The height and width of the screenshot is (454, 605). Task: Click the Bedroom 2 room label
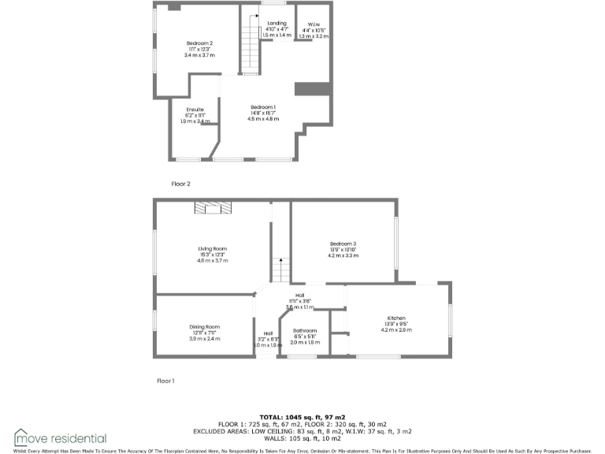pos(200,43)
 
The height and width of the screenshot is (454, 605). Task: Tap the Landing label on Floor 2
pos(277,24)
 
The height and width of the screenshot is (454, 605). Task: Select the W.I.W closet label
pos(313,24)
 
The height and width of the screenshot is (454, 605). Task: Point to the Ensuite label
pos(195,109)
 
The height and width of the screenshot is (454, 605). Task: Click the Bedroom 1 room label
pos(263,106)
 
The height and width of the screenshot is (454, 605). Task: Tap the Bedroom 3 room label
pos(343,244)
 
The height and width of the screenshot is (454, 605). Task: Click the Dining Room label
pos(204,326)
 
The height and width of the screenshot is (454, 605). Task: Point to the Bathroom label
pos(305,330)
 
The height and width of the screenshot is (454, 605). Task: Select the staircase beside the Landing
pos(251,47)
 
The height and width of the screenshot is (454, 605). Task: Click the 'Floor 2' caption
pos(181,184)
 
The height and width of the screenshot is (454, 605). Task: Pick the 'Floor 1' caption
pos(165,381)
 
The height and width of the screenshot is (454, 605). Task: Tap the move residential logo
pos(60,437)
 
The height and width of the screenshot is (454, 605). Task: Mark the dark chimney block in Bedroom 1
pos(311,88)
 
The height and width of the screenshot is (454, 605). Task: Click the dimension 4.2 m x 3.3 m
pos(343,256)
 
